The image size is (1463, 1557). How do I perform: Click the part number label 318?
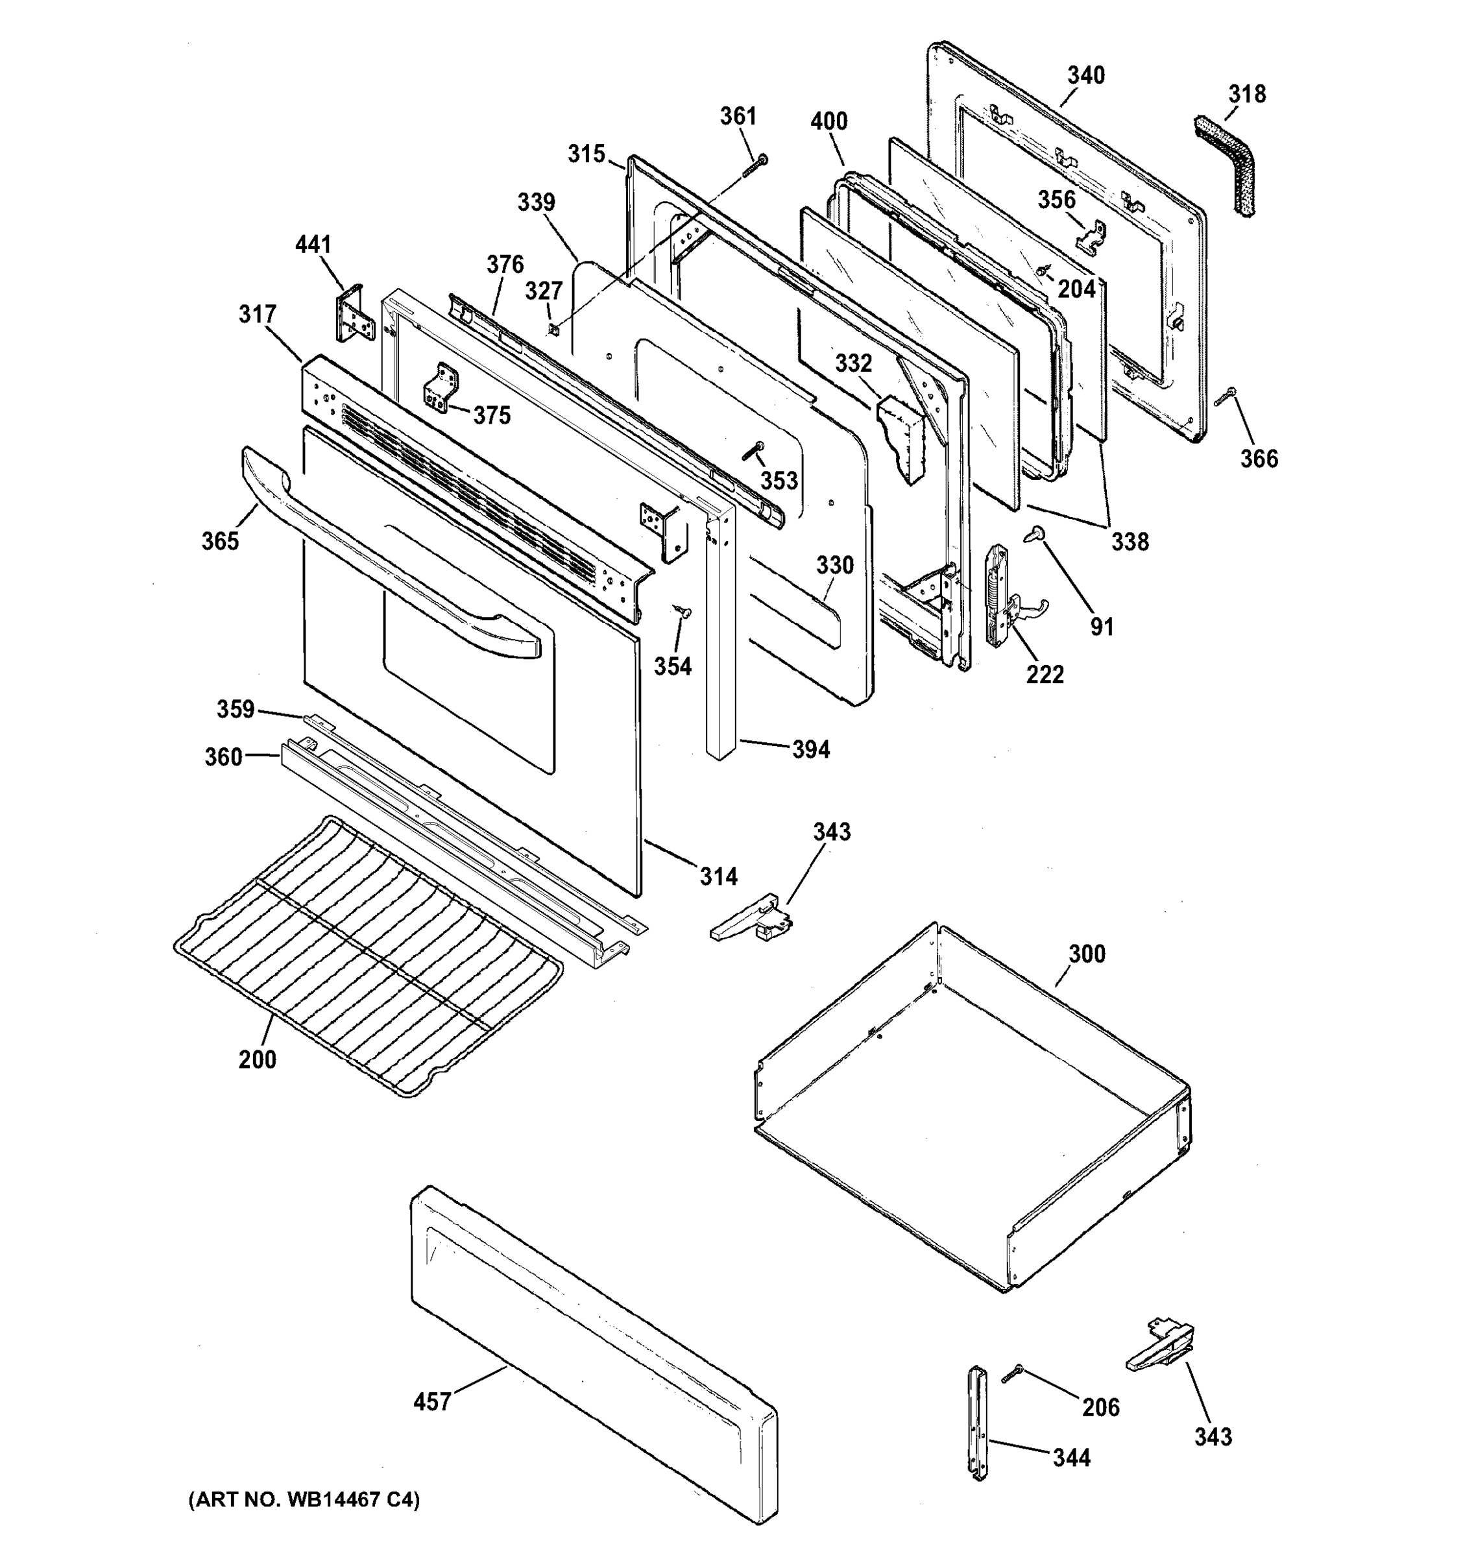(x=1247, y=94)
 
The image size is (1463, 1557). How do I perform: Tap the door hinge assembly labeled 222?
(x=1000, y=596)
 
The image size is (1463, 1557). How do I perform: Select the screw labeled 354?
(x=681, y=611)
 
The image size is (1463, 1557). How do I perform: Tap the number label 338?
(x=1130, y=541)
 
